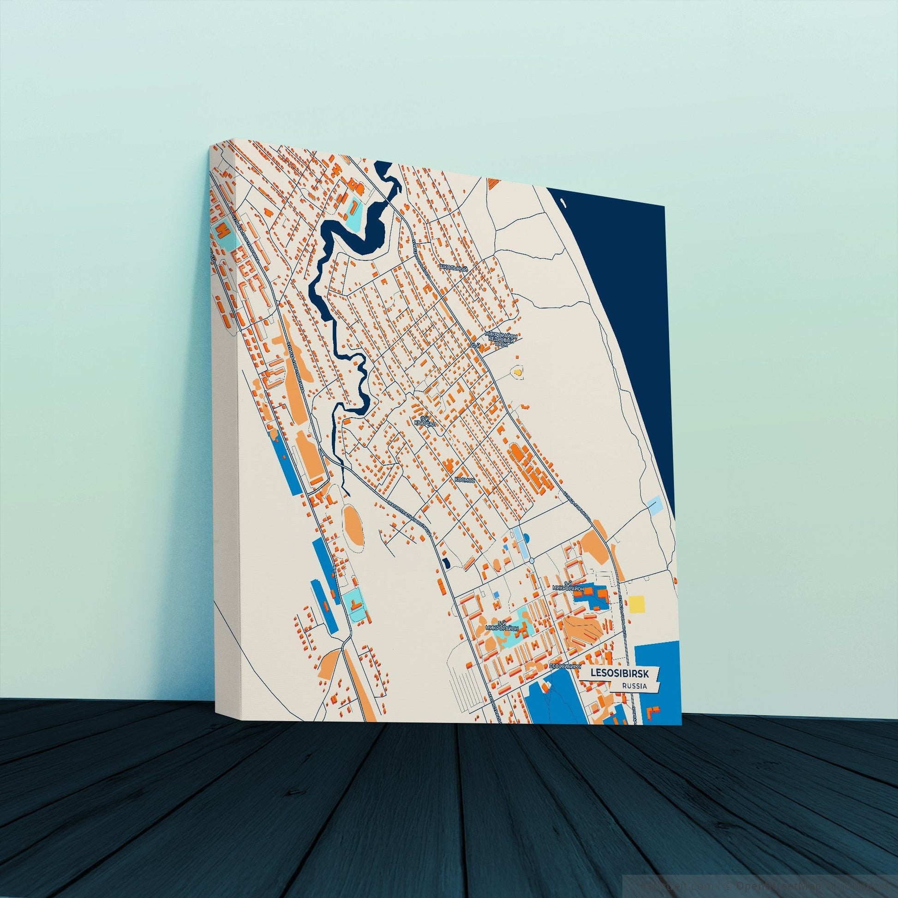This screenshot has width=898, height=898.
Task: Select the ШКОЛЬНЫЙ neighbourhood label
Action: pyautogui.click(x=453, y=268)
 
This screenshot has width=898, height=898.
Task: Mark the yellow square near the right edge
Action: pyautogui.click(x=636, y=604)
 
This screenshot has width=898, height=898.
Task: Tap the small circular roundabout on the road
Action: pyautogui.click(x=532, y=562)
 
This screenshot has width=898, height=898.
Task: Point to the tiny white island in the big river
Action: pyautogui.click(x=563, y=203)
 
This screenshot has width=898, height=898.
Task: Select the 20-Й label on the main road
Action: pyautogui.click(x=474, y=346)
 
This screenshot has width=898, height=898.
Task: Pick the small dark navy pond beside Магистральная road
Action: pyautogui.click(x=447, y=563)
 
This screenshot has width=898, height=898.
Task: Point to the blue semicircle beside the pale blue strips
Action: pyautogui.click(x=526, y=538)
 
